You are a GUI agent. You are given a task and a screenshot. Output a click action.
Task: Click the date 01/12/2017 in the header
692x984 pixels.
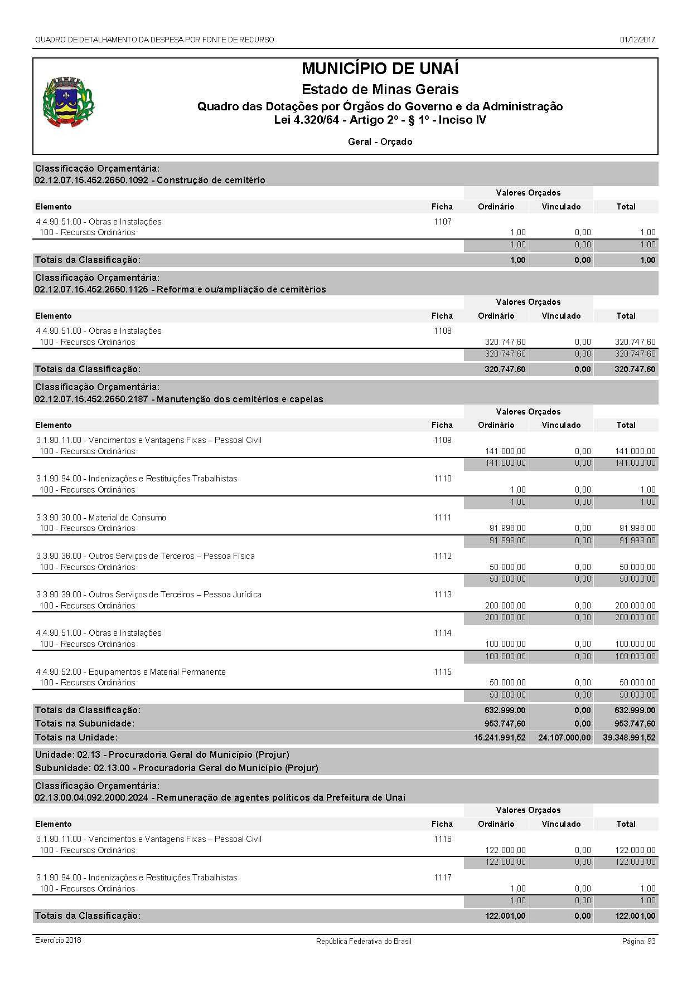[x=637, y=40]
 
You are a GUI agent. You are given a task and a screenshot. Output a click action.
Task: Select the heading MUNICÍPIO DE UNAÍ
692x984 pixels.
[x=380, y=69]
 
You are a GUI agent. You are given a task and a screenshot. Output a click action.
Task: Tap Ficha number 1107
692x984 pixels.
[x=442, y=222]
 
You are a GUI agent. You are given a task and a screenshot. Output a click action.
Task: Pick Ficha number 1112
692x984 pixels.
[x=442, y=556]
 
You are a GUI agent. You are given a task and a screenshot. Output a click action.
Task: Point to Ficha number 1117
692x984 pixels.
[x=442, y=878]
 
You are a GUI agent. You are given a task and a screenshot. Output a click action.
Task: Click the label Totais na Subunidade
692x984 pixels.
[x=85, y=724]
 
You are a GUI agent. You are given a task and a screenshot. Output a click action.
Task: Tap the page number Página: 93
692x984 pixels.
[x=638, y=941]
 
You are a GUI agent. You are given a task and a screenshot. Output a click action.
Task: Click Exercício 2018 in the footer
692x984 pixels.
[x=58, y=941]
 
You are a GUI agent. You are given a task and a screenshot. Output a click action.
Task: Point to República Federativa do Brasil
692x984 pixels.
[x=364, y=941]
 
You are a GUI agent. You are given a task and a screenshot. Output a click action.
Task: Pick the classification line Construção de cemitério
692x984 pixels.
[x=150, y=181]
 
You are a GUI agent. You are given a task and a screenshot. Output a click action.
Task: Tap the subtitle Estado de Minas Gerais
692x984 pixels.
[x=380, y=89]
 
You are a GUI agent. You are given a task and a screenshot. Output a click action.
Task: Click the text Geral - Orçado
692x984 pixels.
[x=380, y=142]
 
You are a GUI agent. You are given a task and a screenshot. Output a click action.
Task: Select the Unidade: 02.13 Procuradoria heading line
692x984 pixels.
[x=162, y=755]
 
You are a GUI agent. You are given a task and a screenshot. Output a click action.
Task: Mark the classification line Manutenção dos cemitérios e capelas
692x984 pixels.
[x=179, y=400]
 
